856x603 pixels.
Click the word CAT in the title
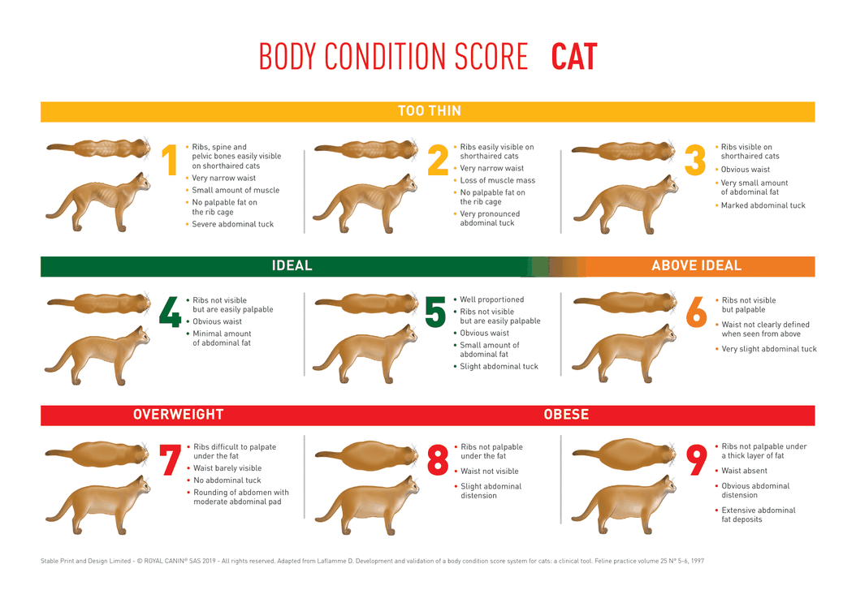[573, 57]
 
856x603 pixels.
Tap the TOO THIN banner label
[429, 111]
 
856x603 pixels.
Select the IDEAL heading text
[292, 265]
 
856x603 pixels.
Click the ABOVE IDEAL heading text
[696, 265]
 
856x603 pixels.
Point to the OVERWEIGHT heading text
[178, 415]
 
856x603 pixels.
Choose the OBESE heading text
[566, 415]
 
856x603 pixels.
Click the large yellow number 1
[171, 160]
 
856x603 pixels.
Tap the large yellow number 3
[694, 160]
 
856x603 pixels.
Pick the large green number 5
[436, 312]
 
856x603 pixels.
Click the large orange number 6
[697, 312]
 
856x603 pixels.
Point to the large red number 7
[171, 460]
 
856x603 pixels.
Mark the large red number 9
[697, 460]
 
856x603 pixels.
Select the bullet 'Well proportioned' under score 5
[491, 299]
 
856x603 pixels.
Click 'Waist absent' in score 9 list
[744, 471]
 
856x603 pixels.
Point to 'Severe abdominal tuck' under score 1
[232, 224]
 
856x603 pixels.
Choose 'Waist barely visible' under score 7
[228, 467]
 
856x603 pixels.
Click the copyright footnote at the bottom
[372, 561]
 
